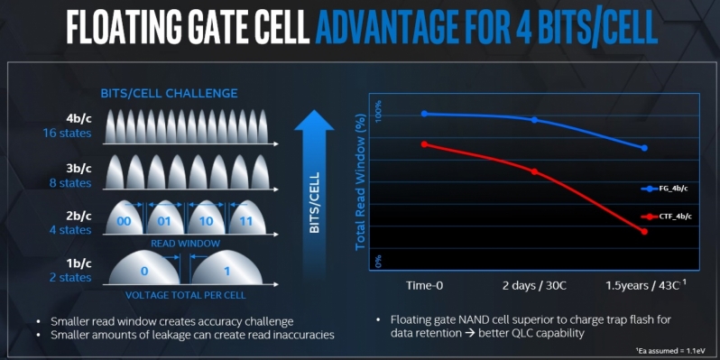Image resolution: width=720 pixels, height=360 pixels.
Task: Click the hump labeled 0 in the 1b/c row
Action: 144,271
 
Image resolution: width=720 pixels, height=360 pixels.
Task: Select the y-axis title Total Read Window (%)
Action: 360,180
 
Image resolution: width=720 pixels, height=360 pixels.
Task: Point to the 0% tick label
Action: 380,262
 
